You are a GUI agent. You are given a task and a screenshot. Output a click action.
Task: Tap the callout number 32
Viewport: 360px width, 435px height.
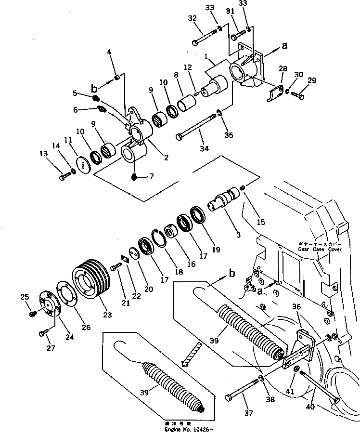click(x=192, y=18)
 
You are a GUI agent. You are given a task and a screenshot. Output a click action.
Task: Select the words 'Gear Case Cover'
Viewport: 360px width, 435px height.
click(x=320, y=250)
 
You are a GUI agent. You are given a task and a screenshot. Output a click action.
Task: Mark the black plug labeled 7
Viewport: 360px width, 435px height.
click(x=135, y=178)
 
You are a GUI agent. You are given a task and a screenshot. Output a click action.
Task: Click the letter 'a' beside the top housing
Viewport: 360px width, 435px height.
click(x=284, y=46)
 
